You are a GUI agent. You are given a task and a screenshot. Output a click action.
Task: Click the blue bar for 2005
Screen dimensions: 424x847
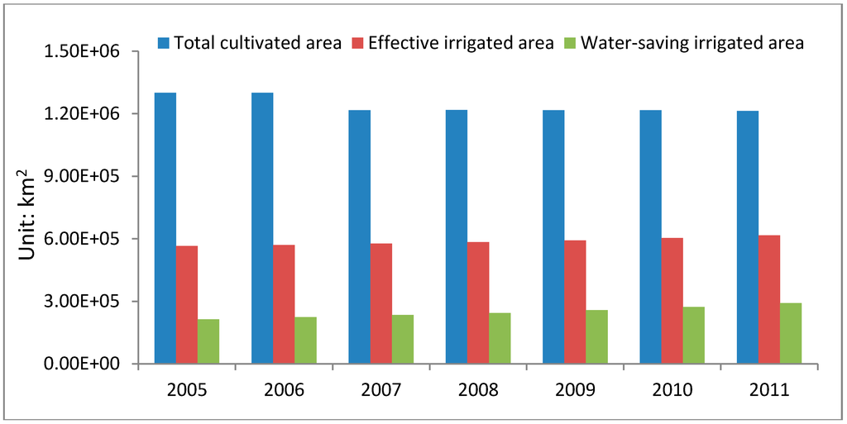[165, 228]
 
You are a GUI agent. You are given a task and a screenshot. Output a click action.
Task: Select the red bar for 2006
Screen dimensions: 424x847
[284, 304]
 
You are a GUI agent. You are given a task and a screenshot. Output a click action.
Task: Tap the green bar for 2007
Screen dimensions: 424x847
[403, 339]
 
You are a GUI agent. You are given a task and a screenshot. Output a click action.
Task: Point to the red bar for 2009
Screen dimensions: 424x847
[575, 302]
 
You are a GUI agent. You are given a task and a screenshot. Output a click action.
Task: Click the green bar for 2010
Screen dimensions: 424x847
[693, 335]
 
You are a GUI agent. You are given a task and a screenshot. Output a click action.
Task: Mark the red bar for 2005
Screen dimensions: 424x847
[186, 305]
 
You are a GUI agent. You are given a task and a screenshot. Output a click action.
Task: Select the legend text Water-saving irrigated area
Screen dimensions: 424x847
[691, 44]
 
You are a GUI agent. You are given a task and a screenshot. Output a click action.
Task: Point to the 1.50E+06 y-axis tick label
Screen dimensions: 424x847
[80, 51]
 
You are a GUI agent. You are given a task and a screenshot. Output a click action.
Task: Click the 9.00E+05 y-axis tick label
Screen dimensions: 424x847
[80, 176]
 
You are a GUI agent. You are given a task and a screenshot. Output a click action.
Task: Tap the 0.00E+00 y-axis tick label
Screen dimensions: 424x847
[80, 364]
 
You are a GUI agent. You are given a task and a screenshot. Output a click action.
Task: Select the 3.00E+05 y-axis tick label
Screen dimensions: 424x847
[80, 301]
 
